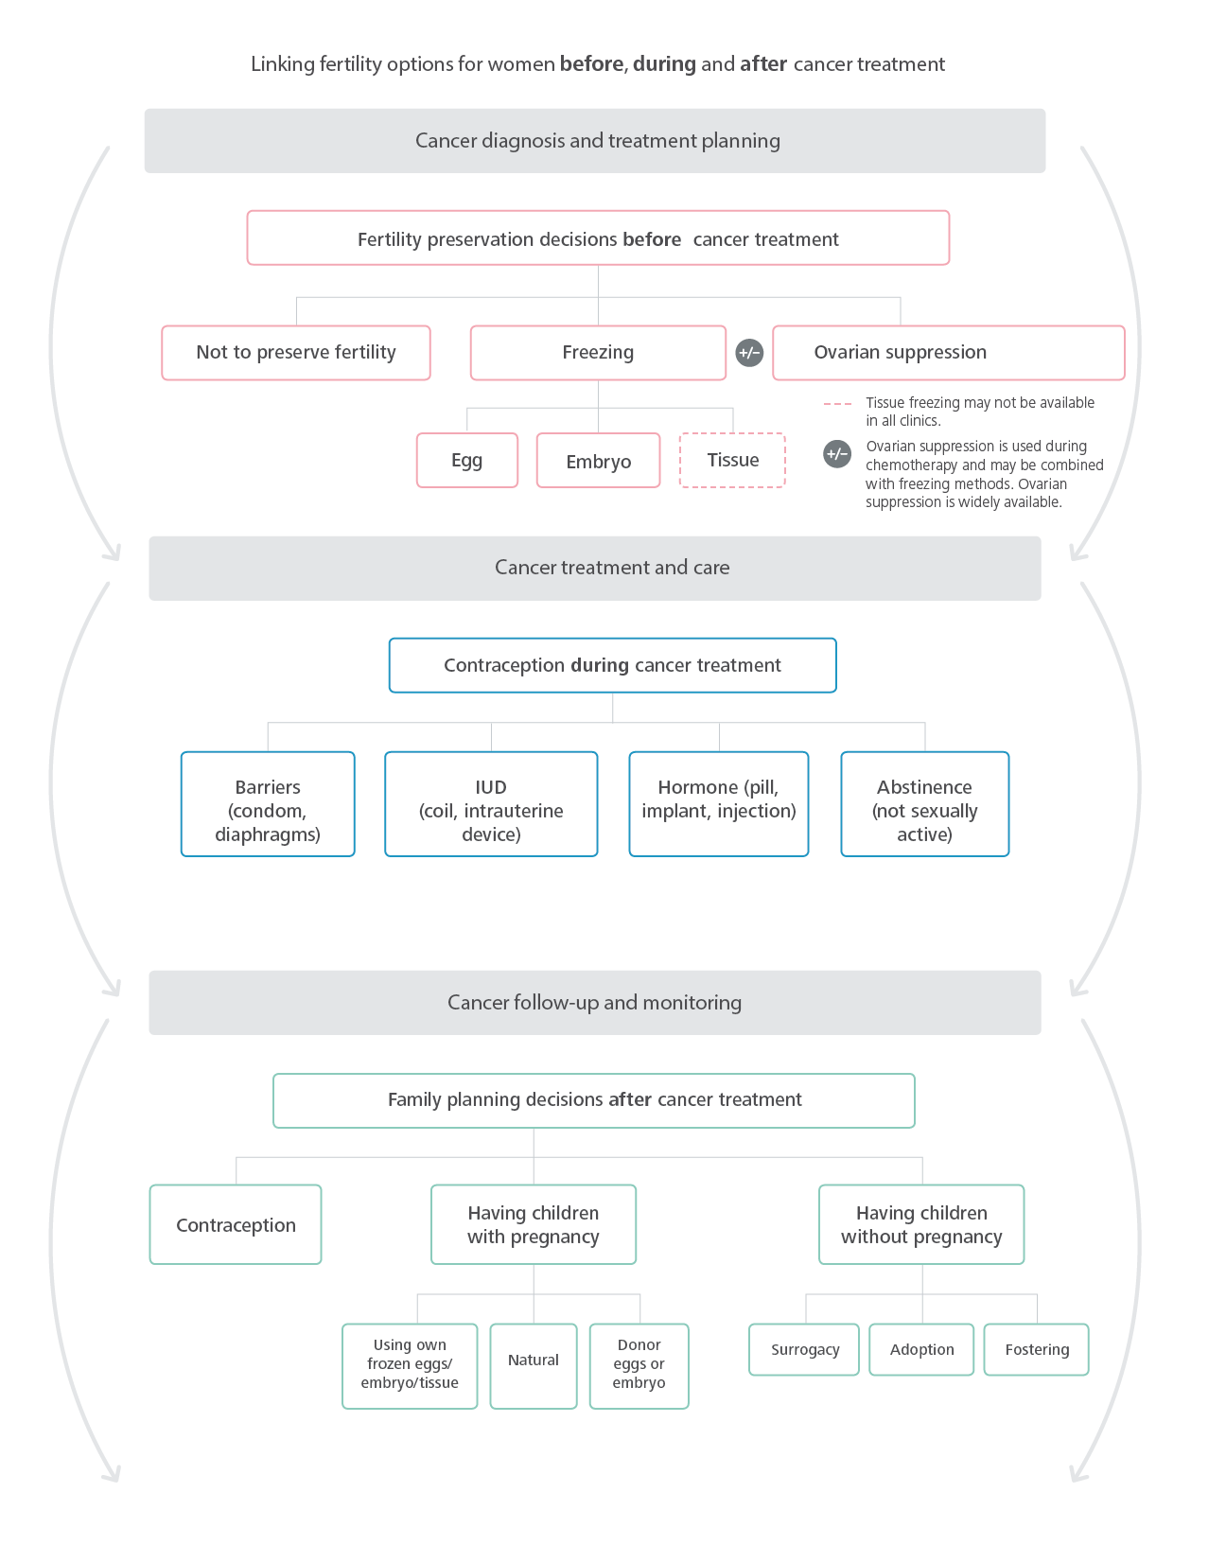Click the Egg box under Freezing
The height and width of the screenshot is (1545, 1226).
coord(467,461)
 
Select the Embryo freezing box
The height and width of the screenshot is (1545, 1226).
coord(598,461)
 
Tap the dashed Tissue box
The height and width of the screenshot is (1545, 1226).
coord(732,461)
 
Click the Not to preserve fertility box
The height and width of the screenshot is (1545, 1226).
coord(296,353)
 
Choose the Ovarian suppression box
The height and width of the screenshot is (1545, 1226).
coord(948,353)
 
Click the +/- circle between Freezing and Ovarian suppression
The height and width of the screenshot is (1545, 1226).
coord(749,353)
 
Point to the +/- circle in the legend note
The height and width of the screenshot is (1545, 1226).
coord(837,454)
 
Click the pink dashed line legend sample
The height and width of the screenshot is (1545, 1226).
coord(837,404)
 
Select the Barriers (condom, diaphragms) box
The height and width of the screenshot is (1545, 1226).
coord(268,804)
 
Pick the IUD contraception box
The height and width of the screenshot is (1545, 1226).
coord(491,804)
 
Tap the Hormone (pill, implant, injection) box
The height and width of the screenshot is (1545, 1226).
coord(719,804)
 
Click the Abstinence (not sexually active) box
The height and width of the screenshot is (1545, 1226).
coord(924,804)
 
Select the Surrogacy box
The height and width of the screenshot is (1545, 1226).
coord(804,1350)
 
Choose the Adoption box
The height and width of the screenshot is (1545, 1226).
coord(921,1350)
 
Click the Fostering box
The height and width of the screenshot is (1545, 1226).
coord(1037,1350)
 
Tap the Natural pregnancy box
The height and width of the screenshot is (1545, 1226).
coord(534,1365)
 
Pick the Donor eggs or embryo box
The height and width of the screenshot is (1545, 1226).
coord(639,1365)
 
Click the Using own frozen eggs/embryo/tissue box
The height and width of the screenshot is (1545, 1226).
coord(410,1365)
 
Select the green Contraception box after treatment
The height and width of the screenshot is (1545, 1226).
coord(236,1225)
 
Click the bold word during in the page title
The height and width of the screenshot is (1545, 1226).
coord(664,64)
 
